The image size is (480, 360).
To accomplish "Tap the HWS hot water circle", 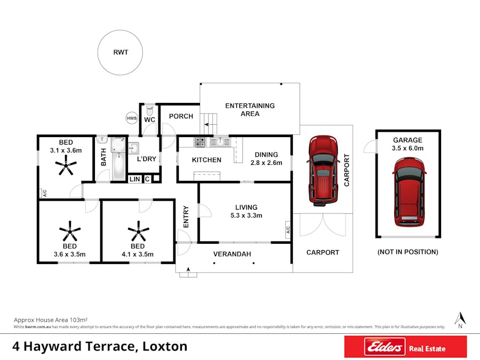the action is click(132, 118).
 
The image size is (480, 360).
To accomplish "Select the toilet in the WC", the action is click(150, 110).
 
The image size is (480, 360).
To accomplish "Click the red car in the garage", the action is click(409, 192).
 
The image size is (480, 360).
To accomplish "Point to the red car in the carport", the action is click(323, 170).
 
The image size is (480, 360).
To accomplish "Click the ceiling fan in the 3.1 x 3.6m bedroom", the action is click(66, 165).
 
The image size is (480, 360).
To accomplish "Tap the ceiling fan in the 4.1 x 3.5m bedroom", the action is click(138, 231).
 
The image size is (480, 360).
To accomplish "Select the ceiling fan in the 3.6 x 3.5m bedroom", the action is click(70, 231).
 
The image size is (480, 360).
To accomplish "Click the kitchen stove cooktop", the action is click(200, 142).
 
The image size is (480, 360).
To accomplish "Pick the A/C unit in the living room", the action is click(288, 229).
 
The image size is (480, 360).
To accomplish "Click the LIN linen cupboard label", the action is click(135, 179).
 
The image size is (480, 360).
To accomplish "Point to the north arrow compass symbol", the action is click(460, 320).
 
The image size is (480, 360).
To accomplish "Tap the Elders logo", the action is click(385, 347).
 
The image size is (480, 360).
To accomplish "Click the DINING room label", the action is click(266, 155).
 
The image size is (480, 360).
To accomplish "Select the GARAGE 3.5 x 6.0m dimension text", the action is click(408, 148).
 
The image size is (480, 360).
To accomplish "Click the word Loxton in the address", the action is click(165, 346).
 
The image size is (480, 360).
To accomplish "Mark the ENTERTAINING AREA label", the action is click(250, 109).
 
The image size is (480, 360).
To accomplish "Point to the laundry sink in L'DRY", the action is click(133, 148).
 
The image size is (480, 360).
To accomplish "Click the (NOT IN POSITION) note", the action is click(408, 252).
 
